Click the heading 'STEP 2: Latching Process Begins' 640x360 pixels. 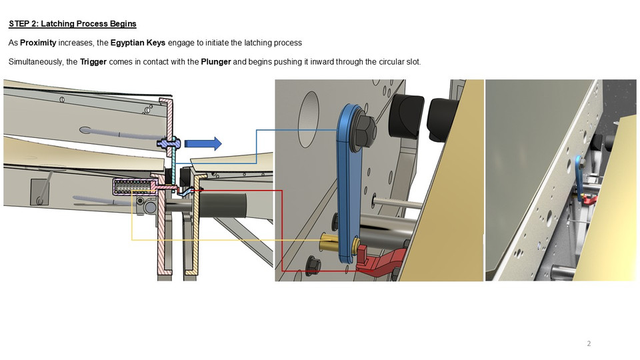(x=72, y=24)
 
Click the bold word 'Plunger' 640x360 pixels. (x=217, y=62)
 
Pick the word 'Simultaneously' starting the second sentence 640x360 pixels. (x=35, y=62)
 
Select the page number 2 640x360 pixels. (x=589, y=344)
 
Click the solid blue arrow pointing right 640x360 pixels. (x=203, y=143)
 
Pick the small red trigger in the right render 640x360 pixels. (x=588, y=199)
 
